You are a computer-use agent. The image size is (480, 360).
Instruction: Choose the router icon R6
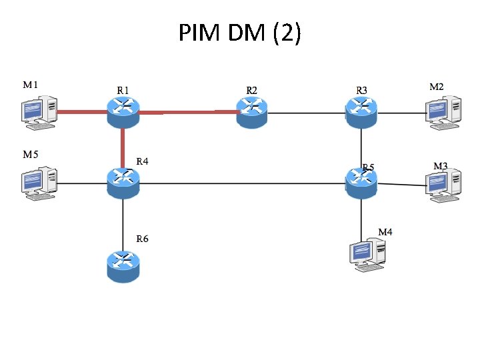click(x=123, y=265)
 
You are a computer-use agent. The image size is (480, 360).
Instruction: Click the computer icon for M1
click(x=37, y=112)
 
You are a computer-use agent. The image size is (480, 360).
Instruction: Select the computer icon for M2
click(x=443, y=109)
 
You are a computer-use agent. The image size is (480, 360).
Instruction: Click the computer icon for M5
click(x=37, y=183)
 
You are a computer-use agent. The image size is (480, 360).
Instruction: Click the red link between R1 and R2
click(x=187, y=113)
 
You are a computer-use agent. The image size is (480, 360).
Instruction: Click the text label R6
click(x=143, y=238)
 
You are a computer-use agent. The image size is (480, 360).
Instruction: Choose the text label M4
click(x=385, y=232)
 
